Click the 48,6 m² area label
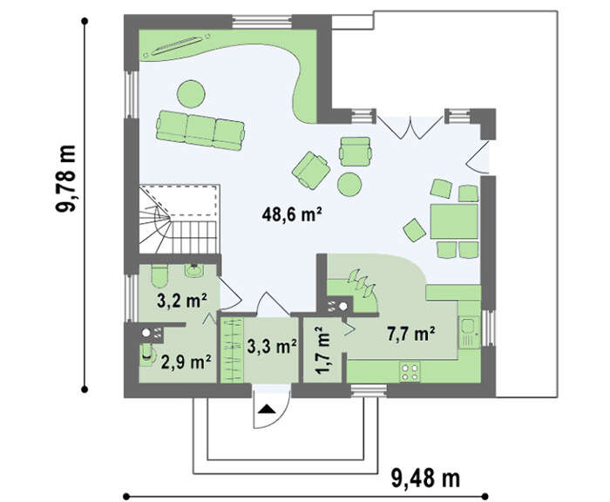coord(292,214)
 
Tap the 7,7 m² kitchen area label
coord(411,334)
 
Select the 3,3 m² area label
coord(272,346)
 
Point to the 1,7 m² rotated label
coord(323,350)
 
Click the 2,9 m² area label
coord(186,362)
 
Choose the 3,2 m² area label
coord(182,301)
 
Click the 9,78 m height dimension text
coord(65,179)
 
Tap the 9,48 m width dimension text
coord(425,478)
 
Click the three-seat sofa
coord(200,130)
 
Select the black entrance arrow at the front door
coord(267,409)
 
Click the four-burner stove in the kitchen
coord(410,371)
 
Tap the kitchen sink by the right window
coord(470,332)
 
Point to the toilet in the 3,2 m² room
coord(159,275)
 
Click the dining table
coord(454,221)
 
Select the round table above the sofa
coord(191,94)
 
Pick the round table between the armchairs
coord(349,185)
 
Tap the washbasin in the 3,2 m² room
coord(193,270)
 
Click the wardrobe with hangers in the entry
coord(233,349)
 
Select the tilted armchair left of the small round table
coord(311,170)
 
